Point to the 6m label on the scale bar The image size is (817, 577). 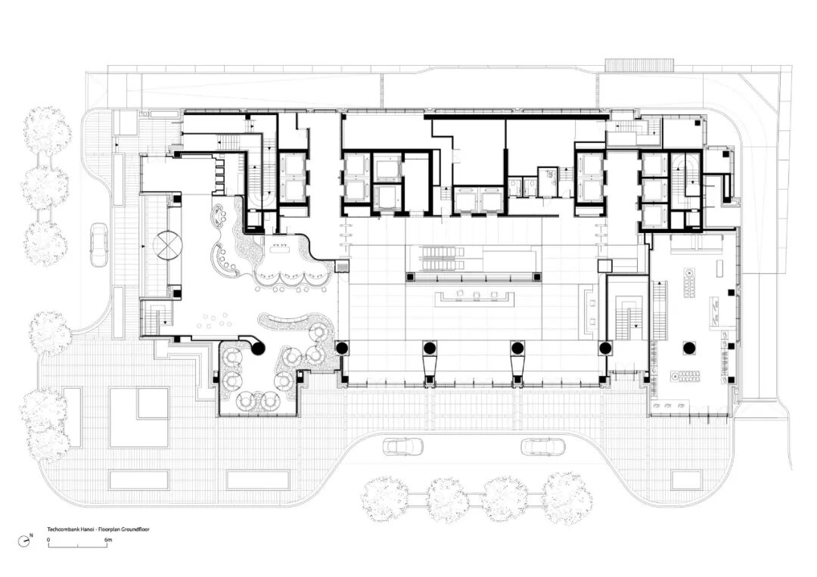click(x=108, y=540)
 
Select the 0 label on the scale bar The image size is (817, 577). click(x=48, y=540)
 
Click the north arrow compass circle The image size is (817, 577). click(x=24, y=541)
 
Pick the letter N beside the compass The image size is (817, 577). click(x=31, y=535)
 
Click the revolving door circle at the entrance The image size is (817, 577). click(x=168, y=244)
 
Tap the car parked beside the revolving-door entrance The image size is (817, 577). click(x=98, y=244)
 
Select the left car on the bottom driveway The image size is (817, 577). click(x=403, y=446)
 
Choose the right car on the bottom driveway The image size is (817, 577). click(x=543, y=446)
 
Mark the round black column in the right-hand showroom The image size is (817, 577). click(x=689, y=348)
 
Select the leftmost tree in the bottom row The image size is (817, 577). click(x=385, y=498)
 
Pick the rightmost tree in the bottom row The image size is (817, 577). click(x=568, y=496)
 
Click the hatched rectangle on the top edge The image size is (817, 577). click(x=640, y=64)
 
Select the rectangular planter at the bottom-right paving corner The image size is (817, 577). click(x=687, y=479)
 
